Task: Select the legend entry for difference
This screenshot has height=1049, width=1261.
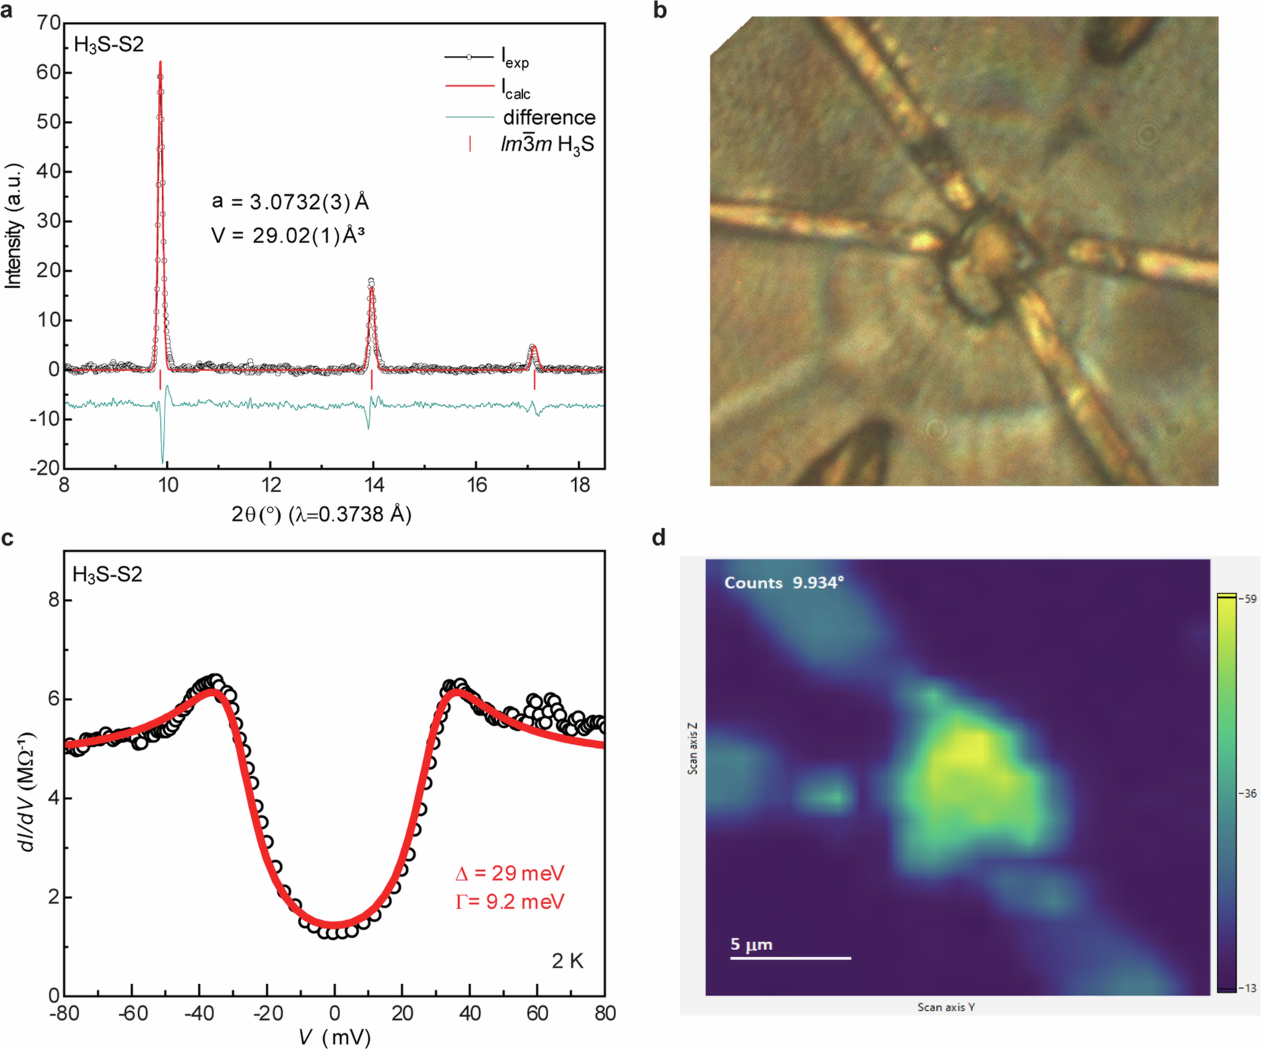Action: click(x=549, y=118)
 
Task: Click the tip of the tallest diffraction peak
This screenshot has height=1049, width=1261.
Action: click(x=160, y=62)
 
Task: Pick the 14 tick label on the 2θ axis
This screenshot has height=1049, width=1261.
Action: click(x=374, y=485)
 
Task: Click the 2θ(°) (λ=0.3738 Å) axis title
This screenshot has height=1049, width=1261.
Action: click(x=321, y=514)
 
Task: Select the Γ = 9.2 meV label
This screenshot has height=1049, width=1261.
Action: click(x=510, y=901)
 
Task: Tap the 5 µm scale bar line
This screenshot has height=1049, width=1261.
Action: click(x=790, y=958)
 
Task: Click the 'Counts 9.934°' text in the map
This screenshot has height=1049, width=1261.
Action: click(x=784, y=582)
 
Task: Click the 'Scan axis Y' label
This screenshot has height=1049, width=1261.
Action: click(x=946, y=1007)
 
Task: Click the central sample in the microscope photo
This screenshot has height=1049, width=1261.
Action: click(x=988, y=255)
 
